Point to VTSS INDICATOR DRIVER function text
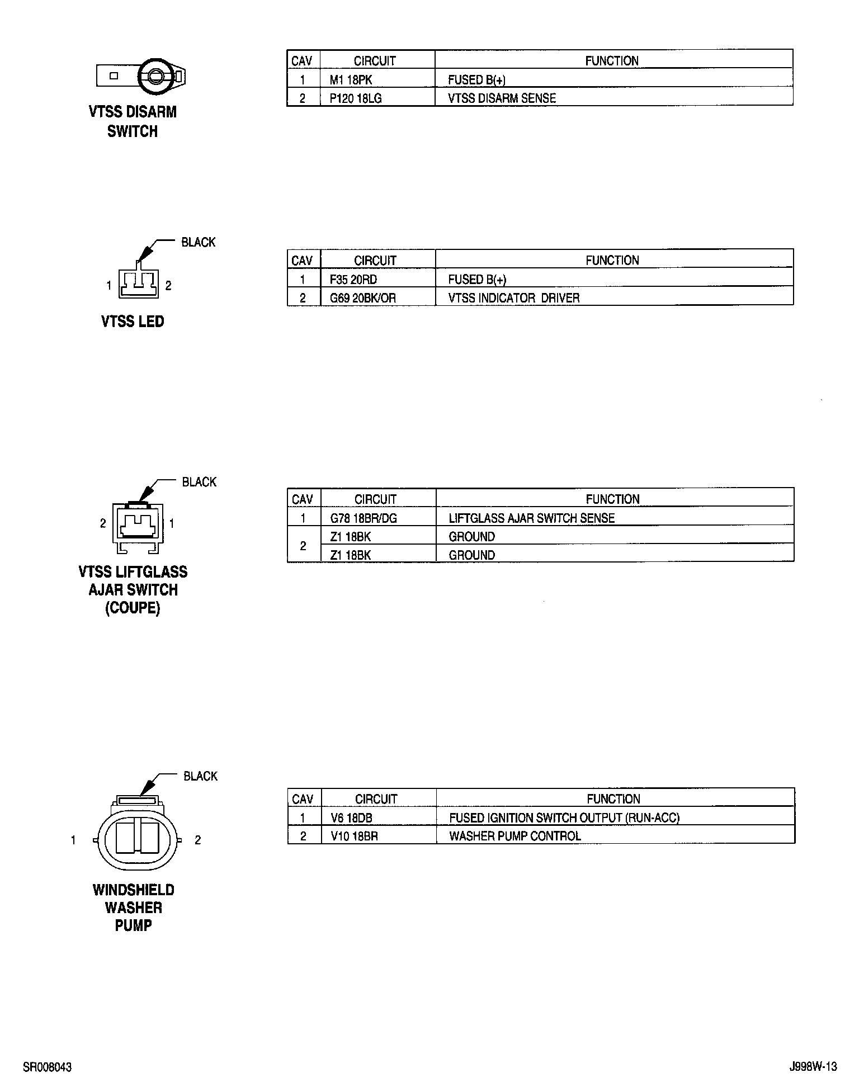[x=513, y=298]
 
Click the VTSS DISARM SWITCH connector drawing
[x=141, y=75]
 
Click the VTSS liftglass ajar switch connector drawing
[x=138, y=523]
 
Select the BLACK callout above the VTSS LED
[x=198, y=243]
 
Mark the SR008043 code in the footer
[x=47, y=1067]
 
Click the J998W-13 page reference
[x=813, y=1067]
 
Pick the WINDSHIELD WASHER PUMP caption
[x=133, y=908]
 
